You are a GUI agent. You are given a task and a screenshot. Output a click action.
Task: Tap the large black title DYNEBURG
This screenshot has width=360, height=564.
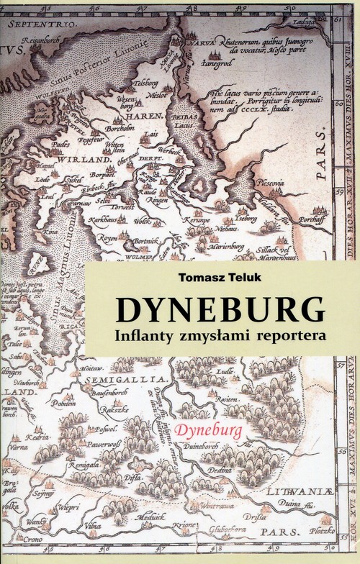point(220,308)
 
